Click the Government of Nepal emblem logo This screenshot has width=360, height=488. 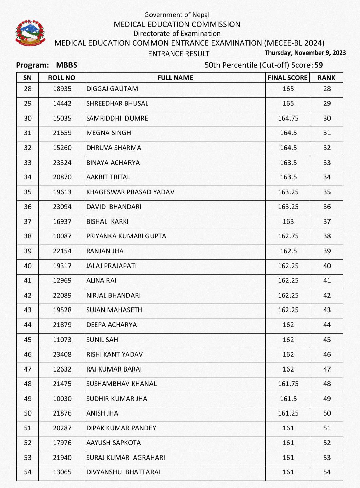(30, 33)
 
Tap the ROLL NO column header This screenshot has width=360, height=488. (62, 78)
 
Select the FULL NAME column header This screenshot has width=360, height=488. (175, 78)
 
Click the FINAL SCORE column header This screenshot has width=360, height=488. (287, 78)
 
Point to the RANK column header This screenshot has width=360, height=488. (326, 78)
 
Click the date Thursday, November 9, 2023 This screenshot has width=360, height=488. (305, 52)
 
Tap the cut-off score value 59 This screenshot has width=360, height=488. (318, 65)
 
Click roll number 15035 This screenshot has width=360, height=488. (62, 118)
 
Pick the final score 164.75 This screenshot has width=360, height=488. (288, 118)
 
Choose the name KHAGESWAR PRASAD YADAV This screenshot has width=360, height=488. (130, 192)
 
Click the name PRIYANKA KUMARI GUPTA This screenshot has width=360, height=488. (126, 236)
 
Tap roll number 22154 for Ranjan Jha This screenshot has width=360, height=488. (62, 251)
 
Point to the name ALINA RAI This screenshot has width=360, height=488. (101, 280)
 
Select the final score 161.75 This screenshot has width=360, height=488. (288, 384)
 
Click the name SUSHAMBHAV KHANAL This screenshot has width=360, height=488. (121, 384)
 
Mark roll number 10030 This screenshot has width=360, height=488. (62, 399)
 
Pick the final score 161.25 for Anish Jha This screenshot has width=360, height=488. (288, 413)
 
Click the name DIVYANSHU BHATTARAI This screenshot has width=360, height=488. (123, 472)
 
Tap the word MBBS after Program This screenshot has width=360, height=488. (66, 65)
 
